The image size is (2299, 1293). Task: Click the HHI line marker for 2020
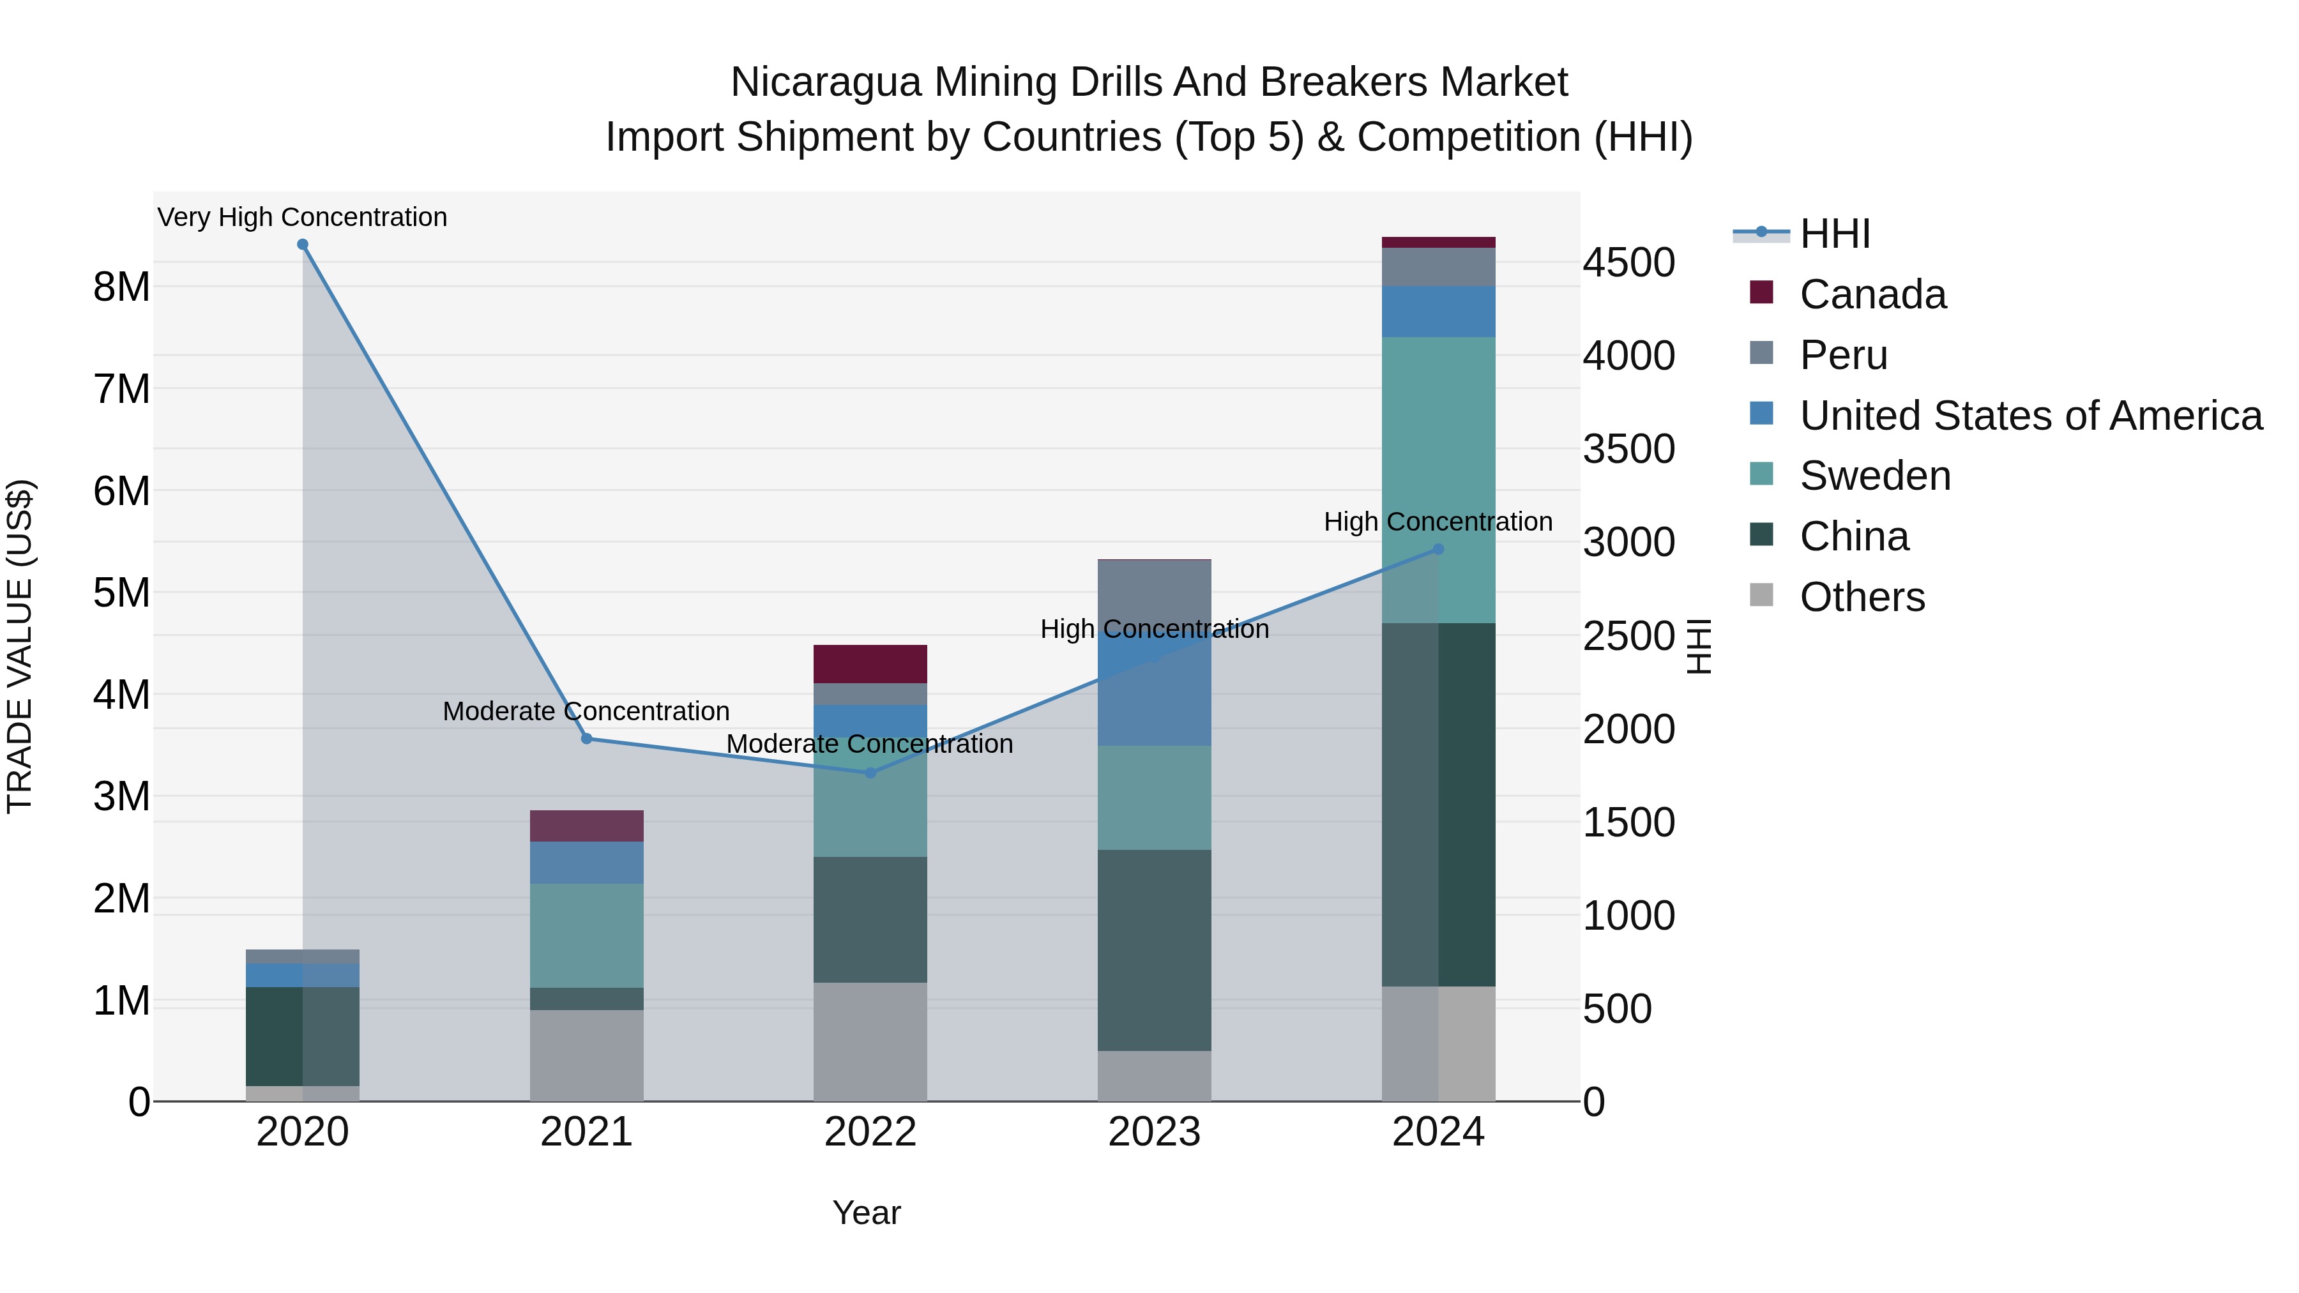tap(303, 245)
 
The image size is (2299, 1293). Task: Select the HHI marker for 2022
tap(870, 773)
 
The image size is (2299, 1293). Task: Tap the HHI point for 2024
tap(1438, 550)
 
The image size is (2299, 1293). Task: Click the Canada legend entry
tap(1872, 294)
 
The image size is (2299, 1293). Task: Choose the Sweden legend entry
tap(1874, 476)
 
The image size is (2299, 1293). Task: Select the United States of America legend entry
tap(2030, 416)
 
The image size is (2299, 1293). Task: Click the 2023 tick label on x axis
tap(1154, 1132)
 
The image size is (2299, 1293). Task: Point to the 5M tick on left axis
tap(121, 593)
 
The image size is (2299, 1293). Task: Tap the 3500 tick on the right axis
tap(1628, 449)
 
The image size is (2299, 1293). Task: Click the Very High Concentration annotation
tap(303, 217)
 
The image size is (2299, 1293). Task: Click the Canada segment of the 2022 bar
tap(870, 664)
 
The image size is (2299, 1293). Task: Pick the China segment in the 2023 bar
tap(1154, 949)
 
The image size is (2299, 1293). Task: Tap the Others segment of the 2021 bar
tap(586, 1055)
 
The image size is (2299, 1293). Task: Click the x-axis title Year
tap(867, 1213)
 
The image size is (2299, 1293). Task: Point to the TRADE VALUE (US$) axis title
tap(20, 646)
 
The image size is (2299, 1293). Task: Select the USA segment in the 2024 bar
tap(1438, 312)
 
